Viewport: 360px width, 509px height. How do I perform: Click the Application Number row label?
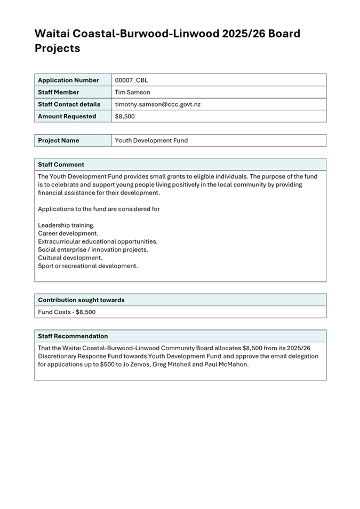(x=68, y=80)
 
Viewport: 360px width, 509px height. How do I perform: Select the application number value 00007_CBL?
(x=132, y=80)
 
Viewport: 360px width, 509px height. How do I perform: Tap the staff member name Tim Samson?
(x=133, y=92)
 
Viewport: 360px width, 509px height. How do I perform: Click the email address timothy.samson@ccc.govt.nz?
(x=158, y=104)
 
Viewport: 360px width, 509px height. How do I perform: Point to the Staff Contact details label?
(x=69, y=104)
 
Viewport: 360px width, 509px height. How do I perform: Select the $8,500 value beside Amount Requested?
(x=125, y=116)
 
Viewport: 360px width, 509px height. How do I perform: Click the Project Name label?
(x=59, y=141)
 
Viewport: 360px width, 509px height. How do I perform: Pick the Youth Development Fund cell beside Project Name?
(x=151, y=141)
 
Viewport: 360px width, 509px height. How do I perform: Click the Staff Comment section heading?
(x=61, y=165)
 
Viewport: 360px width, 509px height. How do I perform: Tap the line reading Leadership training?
(x=66, y=225)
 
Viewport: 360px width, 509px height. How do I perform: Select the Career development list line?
(x=68, y=233)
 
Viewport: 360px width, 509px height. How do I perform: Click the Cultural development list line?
(x=70, y=257)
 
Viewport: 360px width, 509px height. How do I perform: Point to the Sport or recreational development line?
(x=88, y=265)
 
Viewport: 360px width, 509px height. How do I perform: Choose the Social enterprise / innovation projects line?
(x=93, y=249)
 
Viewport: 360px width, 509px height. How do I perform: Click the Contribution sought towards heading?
(x=81, y=300)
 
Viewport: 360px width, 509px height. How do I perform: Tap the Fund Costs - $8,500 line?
(x=67, y=312)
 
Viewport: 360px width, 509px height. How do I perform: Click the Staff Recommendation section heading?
(x=73, y=336)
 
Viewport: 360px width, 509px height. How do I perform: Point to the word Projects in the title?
(x=58, y=48)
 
